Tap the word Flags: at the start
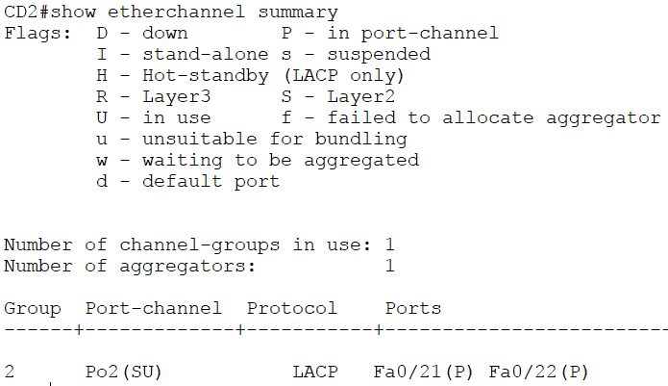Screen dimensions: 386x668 coord(34,34)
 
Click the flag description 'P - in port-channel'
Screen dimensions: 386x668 coord(390,34)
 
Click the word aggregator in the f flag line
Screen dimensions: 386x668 coord(609,117)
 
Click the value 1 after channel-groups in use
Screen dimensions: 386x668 coord(389,244)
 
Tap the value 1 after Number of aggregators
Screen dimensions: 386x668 coord(389,266)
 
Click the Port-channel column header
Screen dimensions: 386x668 coord(154,308)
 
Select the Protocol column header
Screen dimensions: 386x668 coord(292,308)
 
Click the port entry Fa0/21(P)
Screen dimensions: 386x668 coord(424,372)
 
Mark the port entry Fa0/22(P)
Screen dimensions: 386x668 coord(539,372)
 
